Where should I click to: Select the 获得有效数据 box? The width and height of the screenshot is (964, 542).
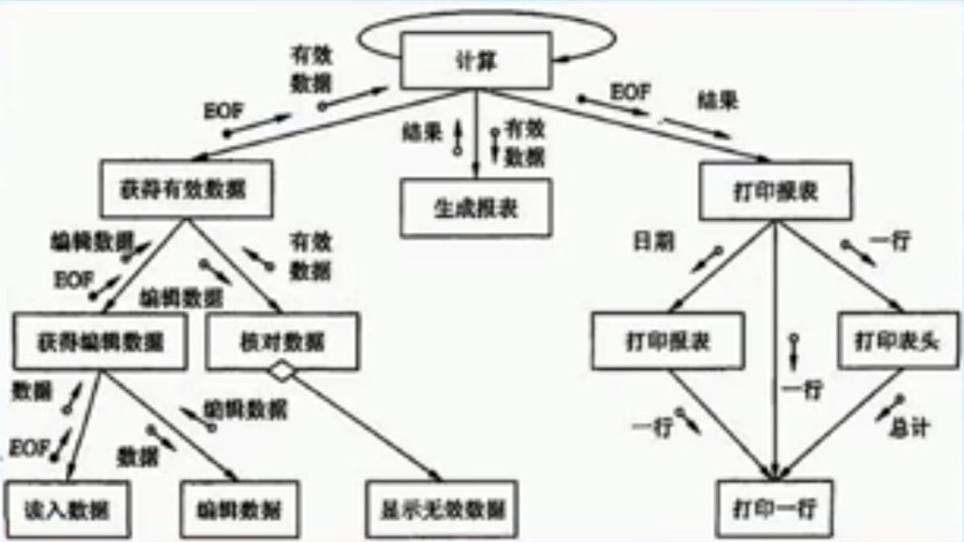185,186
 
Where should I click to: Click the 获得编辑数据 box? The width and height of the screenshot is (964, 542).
103,340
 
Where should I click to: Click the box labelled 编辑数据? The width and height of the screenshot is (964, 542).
239,509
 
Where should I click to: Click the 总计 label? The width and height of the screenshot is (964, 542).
908,428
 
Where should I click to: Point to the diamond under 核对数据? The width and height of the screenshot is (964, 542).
281,372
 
